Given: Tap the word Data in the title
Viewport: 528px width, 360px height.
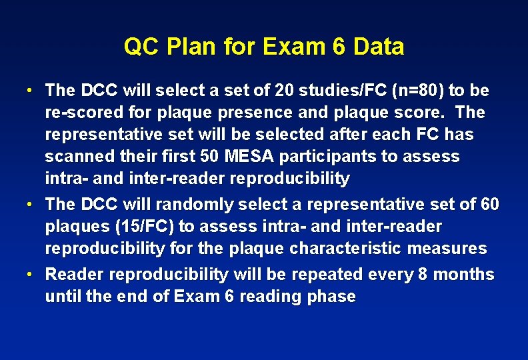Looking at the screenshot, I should click(379, 47).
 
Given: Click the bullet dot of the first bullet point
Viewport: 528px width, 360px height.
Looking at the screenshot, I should click(31, 90).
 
